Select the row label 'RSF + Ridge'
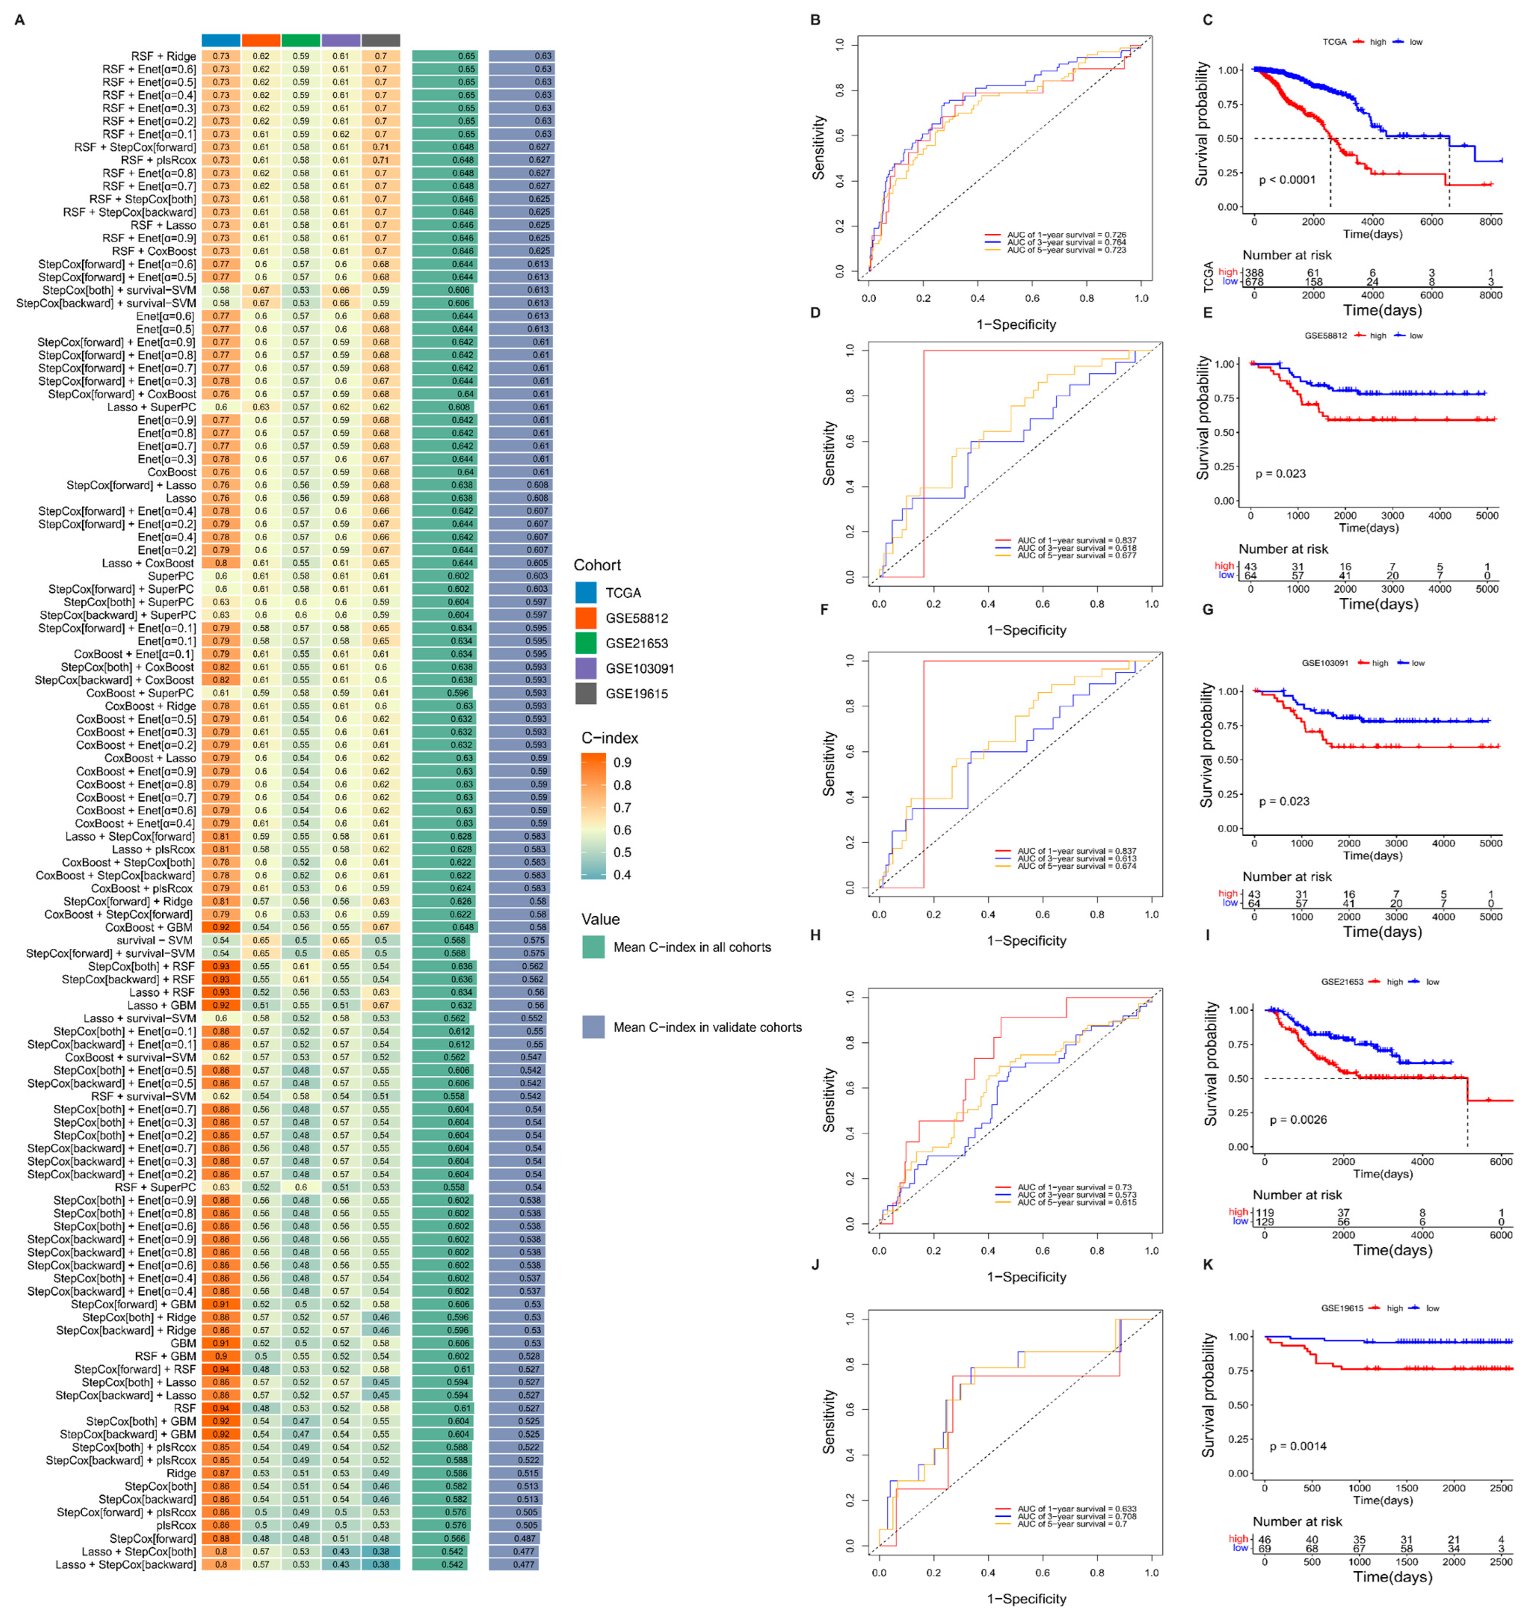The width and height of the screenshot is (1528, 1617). point(163,56)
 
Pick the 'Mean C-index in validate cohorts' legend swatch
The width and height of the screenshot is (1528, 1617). point(593,1027)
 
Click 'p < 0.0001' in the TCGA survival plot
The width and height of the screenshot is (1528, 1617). point(1287,179)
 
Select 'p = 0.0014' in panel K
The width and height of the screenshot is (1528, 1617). point(1298,1446)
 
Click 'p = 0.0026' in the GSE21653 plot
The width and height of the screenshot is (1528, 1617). point(1298,1119)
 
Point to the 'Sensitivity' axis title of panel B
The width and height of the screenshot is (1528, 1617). point(819,147)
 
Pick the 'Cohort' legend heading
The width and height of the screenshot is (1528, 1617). point(597,564)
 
